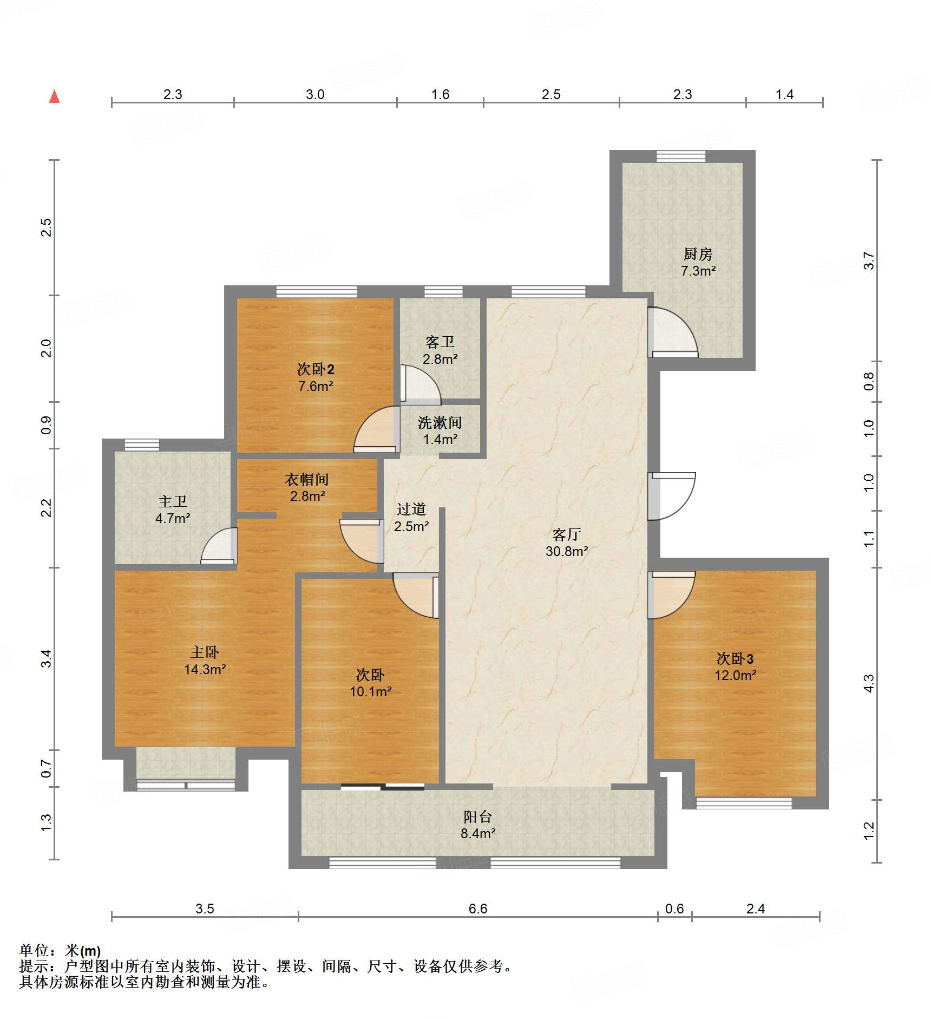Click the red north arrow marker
(x=54, y=96)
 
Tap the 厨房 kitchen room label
(x=698, y=253)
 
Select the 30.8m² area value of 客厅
(x=566, y=551)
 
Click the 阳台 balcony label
(x=477, y=816)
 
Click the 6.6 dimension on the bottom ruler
(x=477, y=909)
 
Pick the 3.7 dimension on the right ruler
(x=868, y=260)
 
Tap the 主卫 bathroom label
(x=173, y=501)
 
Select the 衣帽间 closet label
(x=307, y=479)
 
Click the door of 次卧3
(x=671, y=596)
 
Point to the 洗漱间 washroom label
(x=440, y=422)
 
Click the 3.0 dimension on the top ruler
(x=314, y=94)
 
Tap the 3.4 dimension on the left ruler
(x=47, y=658)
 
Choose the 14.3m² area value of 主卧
(x=205, y=669)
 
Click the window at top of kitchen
(x=680, y=156)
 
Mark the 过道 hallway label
(x=411, y=509)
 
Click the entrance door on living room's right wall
(x=671, y=495)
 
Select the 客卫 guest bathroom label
(x=440, y=342)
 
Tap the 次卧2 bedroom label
(x=316, y=369)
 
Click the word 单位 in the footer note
(x=34, y=951)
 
